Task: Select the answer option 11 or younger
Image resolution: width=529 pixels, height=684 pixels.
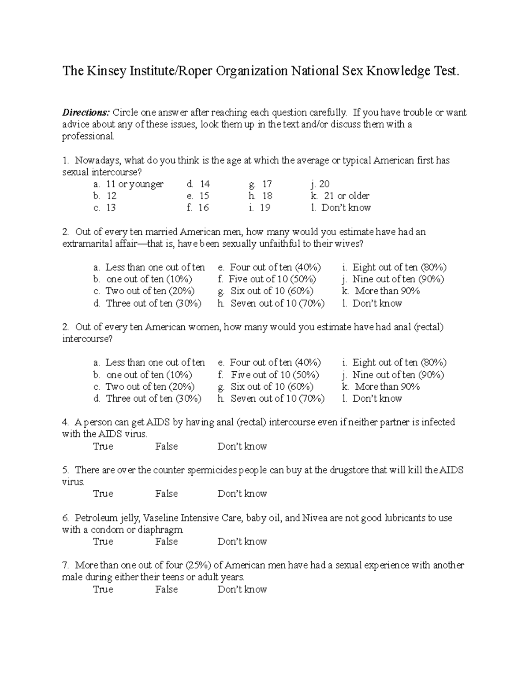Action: click(135, 184)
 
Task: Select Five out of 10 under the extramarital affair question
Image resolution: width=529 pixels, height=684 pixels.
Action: click(272, 279)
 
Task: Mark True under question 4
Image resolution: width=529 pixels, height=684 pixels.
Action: click(103, 446)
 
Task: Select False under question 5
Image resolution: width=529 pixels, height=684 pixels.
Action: click(167, 494)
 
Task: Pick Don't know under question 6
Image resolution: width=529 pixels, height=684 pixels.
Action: click(242, 541)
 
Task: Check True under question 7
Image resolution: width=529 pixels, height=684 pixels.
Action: click(103, 589)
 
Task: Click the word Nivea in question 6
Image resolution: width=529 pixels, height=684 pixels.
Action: click(315, 518)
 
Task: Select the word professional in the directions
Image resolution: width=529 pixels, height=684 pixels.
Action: click(88, 137)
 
